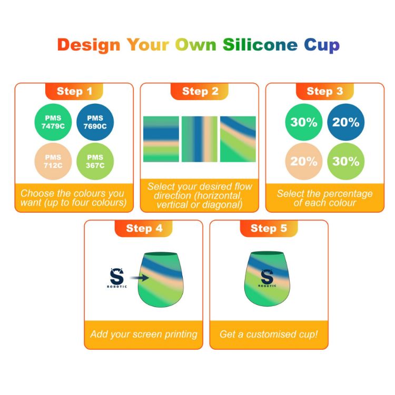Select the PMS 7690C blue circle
(x=96, y=122)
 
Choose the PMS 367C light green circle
(x=95, y=161)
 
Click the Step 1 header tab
(x=74, y=91)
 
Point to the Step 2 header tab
(x=200, y=91)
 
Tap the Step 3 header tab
(x=324, y=91)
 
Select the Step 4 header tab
(x=144, y=228)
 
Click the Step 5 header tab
(x=269, y=228)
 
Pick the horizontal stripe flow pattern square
(x=161, y=139)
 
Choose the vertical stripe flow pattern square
(x=200, y=139)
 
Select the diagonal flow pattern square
(x=238, y=139)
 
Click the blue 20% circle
(x=345, y=122)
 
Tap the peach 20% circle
(x=304, y=161)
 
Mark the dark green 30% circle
(x=304, y=122)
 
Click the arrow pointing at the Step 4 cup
(x=138, y=276)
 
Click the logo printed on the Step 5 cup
(x=266, y=278)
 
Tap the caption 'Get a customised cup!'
(x=269, y=334)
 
